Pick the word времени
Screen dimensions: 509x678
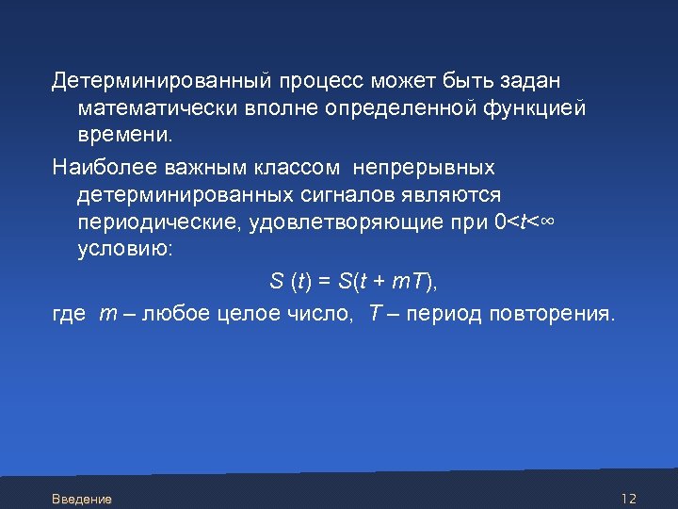click(x=125, y=138)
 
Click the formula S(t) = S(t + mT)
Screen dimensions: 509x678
click(x=354, y=281)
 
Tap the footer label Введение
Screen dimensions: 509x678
click(x=82, y=499)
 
